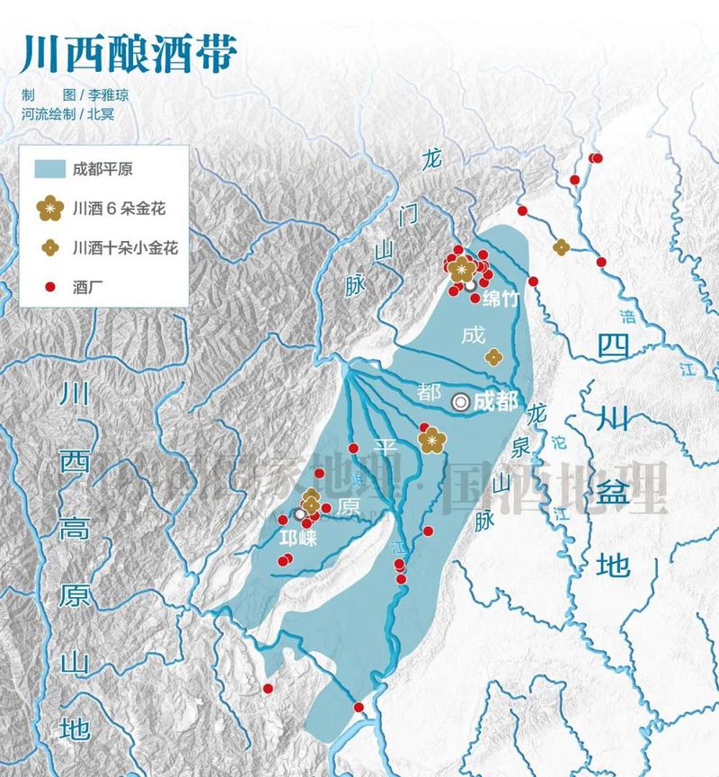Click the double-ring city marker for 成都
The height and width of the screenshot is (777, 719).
(x=461, y=403)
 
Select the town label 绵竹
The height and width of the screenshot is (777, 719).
(x=501, y=299)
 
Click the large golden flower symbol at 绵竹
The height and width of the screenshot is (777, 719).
(x=463, y=267)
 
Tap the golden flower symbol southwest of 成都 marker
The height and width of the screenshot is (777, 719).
(x=433, y=440)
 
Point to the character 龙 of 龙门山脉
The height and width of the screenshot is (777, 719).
(x=432, y=160)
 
